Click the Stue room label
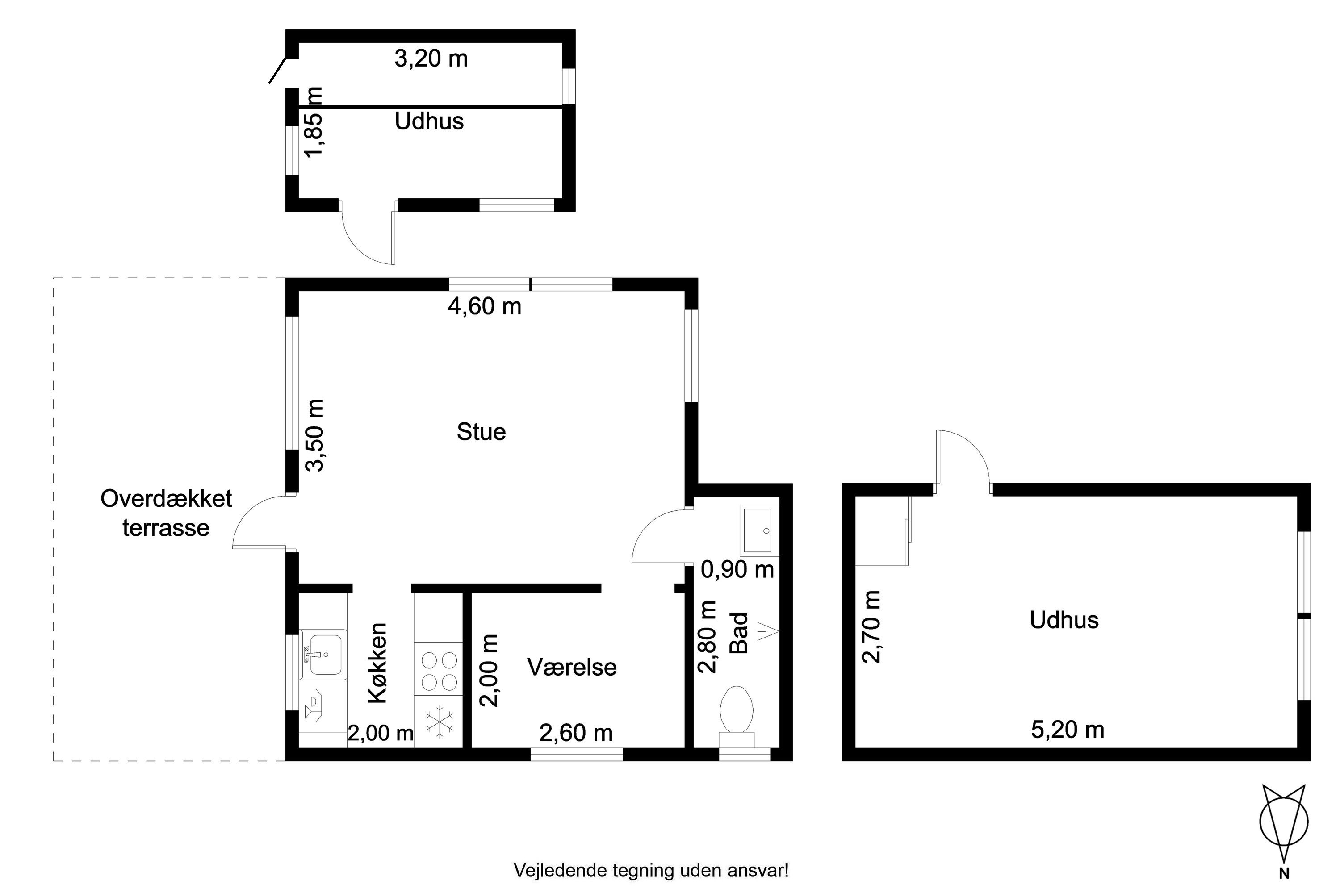click(481, 432)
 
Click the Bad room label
click(739, 633)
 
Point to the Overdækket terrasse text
click(166, 513)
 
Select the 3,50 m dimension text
click(315, 435)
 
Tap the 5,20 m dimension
click(1068, 730)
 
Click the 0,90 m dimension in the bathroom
click(737, 570)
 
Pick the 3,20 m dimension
click(431, 58)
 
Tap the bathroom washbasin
click(759, 530)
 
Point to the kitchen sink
click(323, 655)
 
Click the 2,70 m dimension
click(872, 627)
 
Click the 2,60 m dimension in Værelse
click(576, 733)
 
